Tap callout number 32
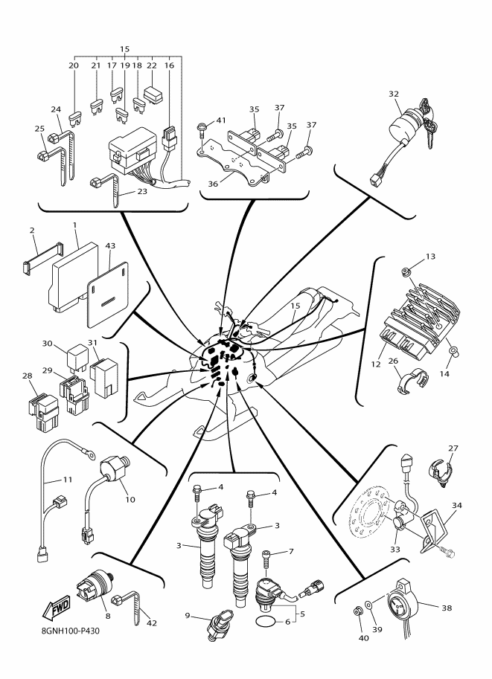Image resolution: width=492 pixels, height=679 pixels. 394,94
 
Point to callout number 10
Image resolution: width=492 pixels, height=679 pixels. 130,500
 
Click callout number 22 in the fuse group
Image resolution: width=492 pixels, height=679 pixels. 152,65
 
